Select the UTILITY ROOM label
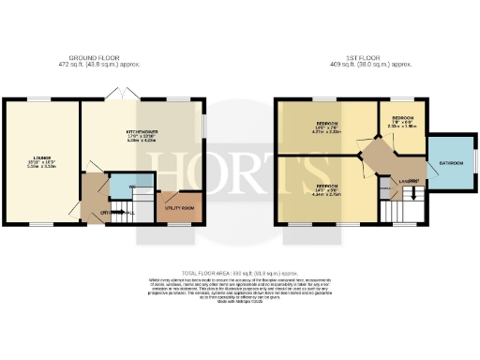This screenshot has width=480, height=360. (180, 207)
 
